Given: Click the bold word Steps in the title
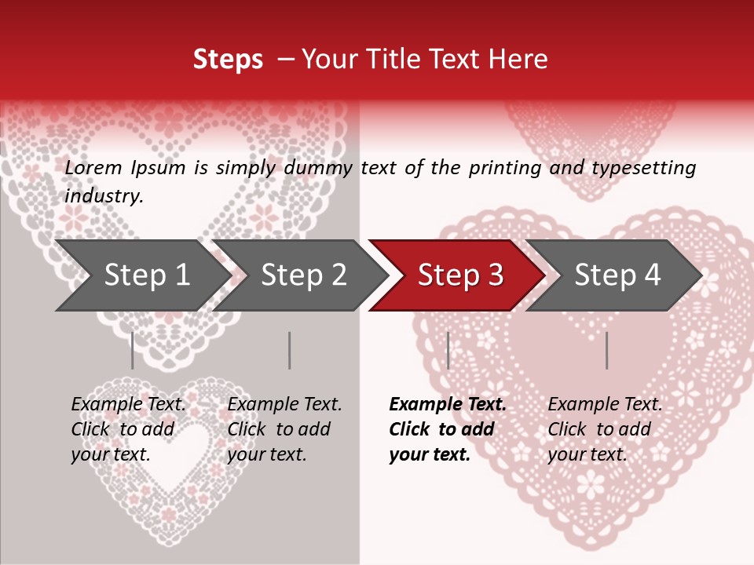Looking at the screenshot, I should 228,60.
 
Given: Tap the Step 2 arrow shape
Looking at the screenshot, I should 298,275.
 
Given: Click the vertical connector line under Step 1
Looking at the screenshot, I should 132,350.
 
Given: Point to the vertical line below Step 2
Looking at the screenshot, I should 290,350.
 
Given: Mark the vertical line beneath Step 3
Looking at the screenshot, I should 448,350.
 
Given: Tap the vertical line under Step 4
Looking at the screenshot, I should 606,350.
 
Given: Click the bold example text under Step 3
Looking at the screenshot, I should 447,429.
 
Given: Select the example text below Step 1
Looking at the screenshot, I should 128,429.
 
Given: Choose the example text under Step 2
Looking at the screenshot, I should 284,429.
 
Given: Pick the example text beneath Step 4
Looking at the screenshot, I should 605,429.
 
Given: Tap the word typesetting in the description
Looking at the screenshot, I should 643,167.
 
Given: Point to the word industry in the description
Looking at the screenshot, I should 104,196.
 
